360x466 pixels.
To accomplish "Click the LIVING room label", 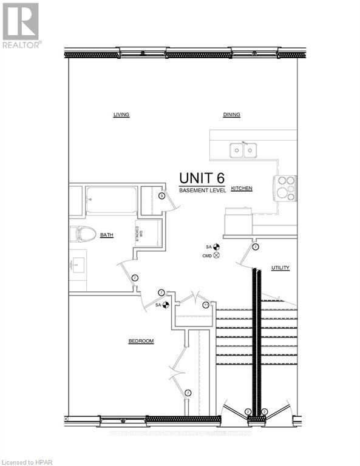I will click(x=121, y=114).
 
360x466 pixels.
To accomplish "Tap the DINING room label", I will click(x=231, y=114).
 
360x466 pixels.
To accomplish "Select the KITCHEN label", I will click(x=241, y=189).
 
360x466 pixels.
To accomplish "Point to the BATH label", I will click(x=107, y=235).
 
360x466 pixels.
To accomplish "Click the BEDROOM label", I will click(x=141, y=341).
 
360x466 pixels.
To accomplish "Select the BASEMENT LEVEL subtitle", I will click(x=202, y=191).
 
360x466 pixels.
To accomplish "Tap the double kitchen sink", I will click(x=243, y=150).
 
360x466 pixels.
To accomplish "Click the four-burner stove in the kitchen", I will click(x=286, y=187).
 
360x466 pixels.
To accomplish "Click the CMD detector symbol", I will click(x=216, y=255).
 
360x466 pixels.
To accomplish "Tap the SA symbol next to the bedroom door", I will click(x=165, y=305).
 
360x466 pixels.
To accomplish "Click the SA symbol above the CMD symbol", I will click(x=216, y=247).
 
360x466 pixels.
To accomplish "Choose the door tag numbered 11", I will click(x=206, y=305).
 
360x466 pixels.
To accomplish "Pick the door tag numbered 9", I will click(x=162, y=195).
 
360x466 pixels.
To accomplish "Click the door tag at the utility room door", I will click(x=256, y=247).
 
